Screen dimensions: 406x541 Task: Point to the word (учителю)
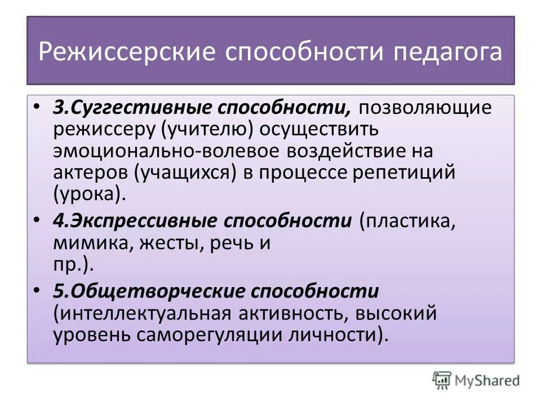coord(208,129)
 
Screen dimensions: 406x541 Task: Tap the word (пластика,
coord(406,221)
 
